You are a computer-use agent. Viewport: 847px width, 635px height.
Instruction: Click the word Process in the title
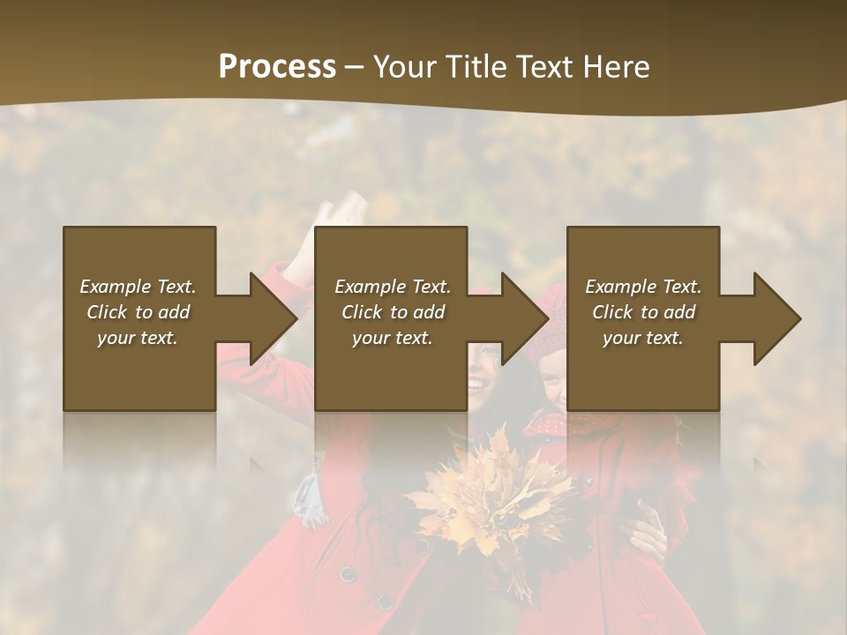click(277, 67)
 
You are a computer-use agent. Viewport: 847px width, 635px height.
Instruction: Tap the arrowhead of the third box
click(776, 318)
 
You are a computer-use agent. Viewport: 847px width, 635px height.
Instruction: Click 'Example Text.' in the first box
click(138, 287)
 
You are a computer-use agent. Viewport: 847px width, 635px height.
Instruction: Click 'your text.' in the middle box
click(392, 338)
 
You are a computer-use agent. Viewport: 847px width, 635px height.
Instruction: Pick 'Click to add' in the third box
click(643, 312)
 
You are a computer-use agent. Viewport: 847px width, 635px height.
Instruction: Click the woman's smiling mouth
click(476, 385)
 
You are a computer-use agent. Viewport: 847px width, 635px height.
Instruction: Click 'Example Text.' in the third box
click(643, 287)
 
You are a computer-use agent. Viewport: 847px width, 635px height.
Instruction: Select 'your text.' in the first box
click(138, 338)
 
